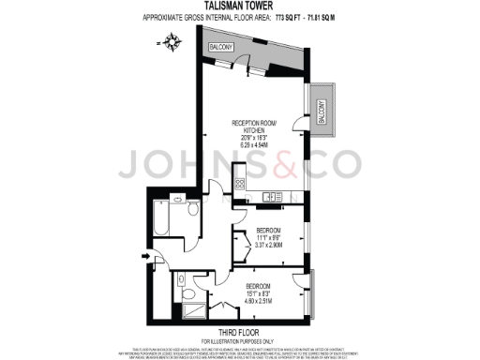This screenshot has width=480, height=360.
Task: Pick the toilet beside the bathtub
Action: tap(192, 209)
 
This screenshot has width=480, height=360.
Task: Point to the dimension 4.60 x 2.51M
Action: tap(259, 301)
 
